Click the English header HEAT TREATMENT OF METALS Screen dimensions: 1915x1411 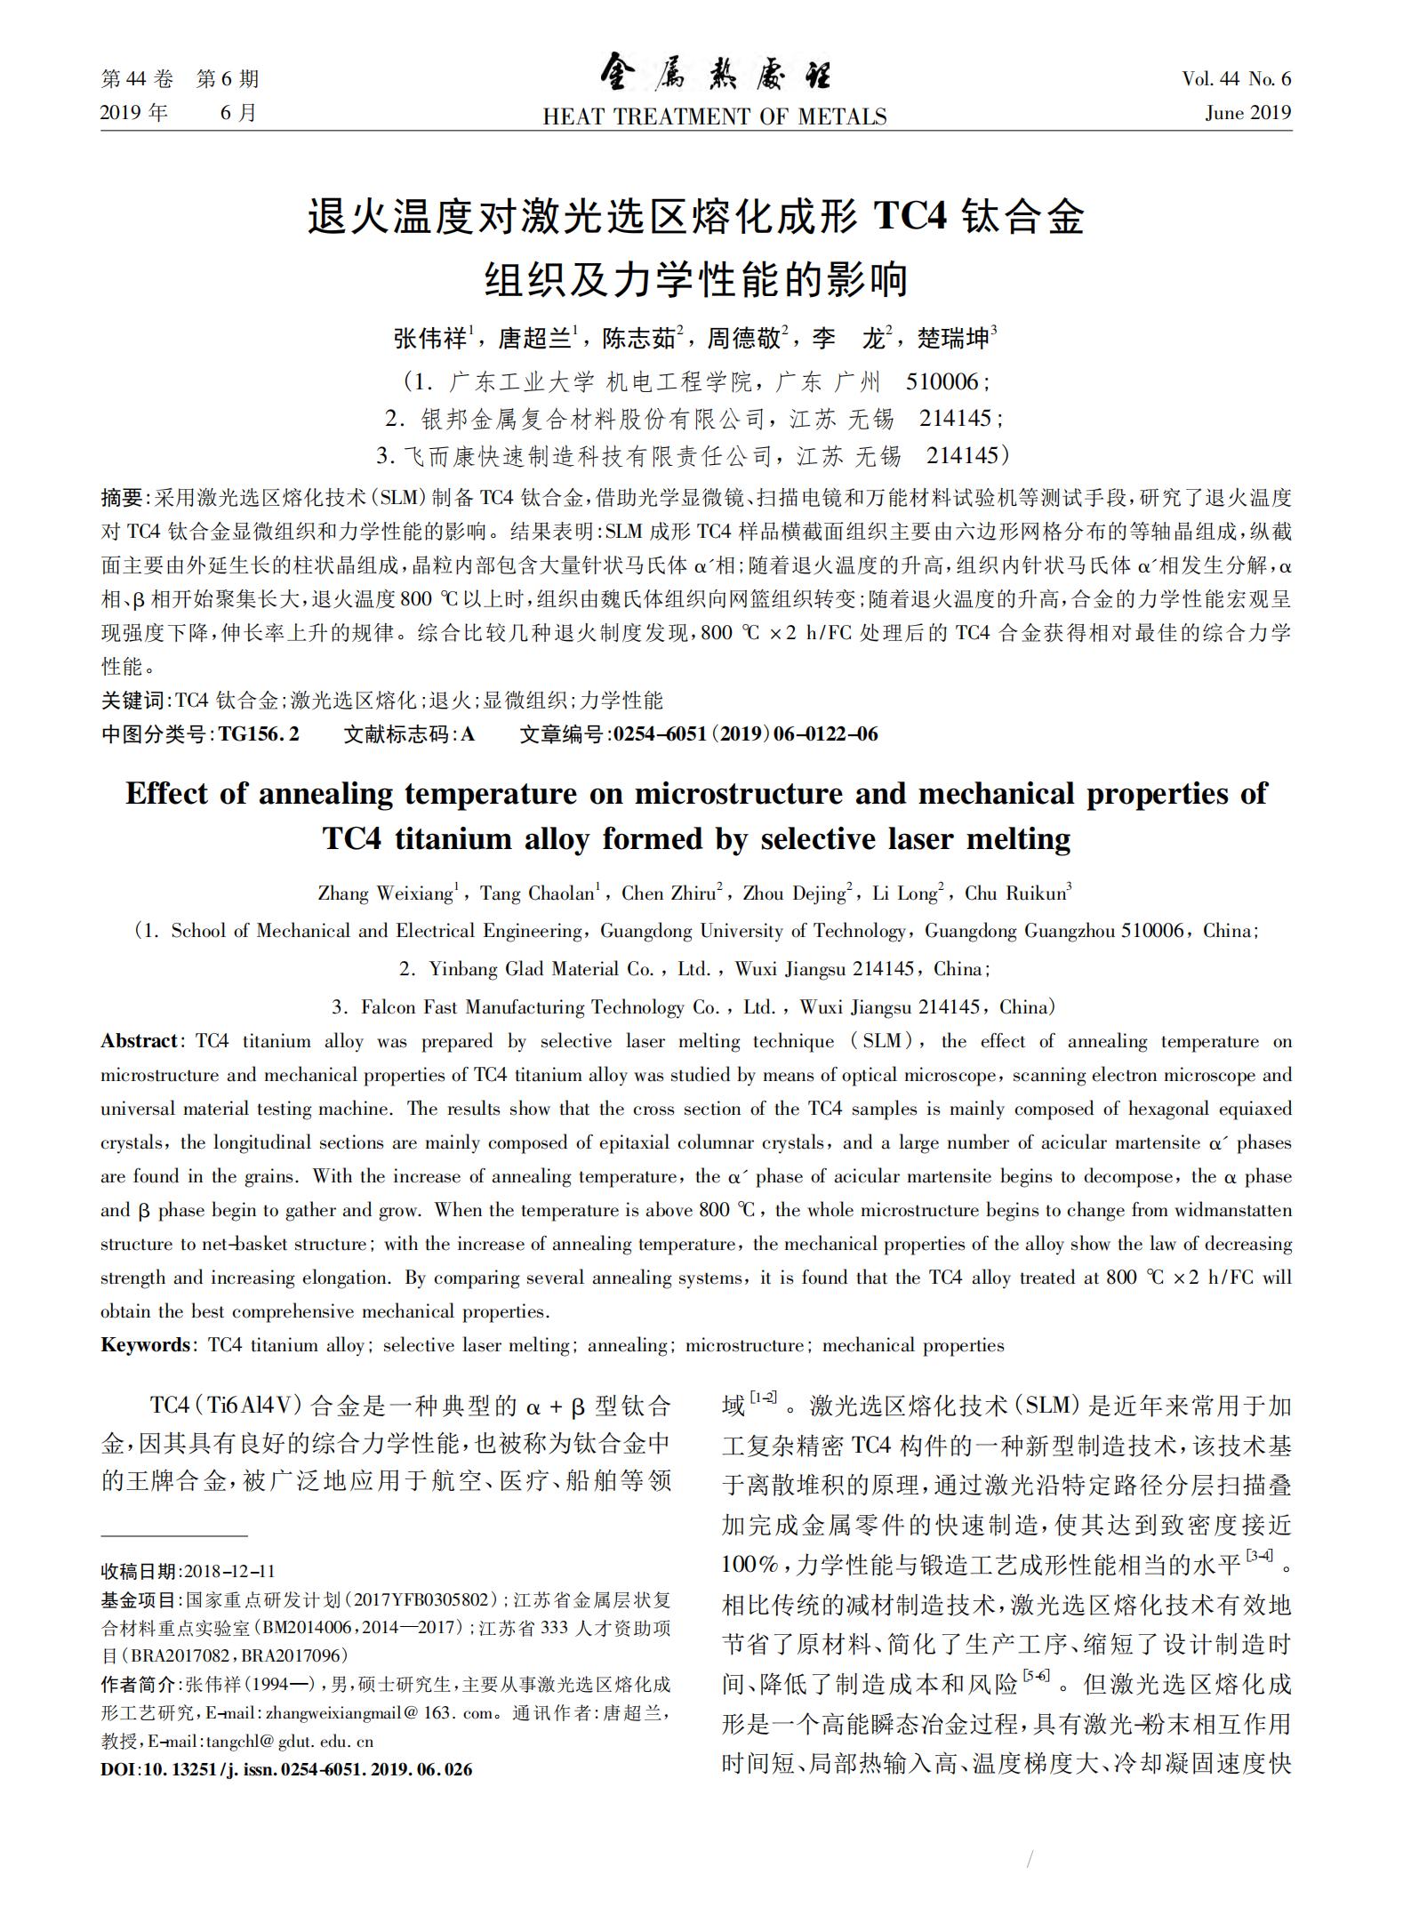click(715, 117)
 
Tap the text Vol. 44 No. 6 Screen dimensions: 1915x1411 click(1236, 79)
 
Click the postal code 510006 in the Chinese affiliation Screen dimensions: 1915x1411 click(942, 382)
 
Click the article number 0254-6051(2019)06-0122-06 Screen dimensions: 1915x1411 click(745, 733)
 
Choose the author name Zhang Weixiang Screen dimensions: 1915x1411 click(386, 893)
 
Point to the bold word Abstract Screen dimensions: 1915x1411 click(140, 1041)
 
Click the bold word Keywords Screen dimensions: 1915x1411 click(145, 1345)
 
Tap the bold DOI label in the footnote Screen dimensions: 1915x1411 click(116, 1769)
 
